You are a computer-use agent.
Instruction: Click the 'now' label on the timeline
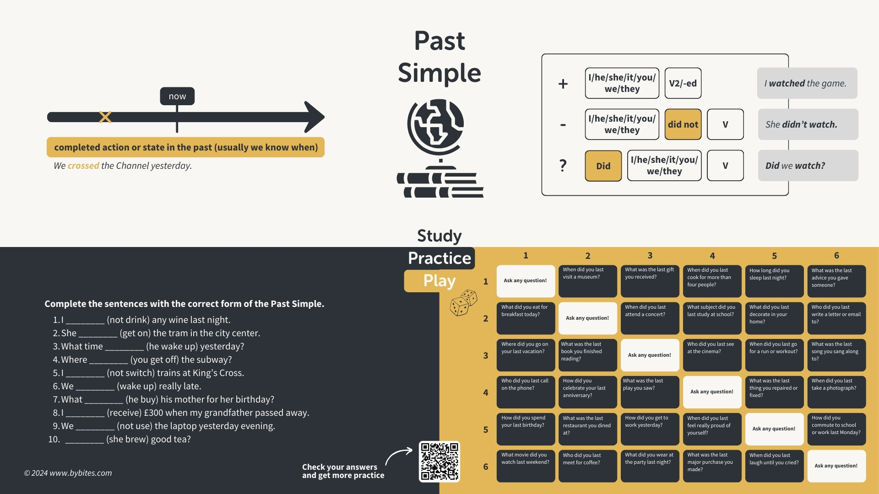pos(177,97)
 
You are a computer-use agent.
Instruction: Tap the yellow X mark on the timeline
pos(105,117)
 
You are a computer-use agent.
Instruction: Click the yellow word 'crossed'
pos(83,166)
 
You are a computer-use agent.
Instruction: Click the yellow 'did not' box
pos(683,124)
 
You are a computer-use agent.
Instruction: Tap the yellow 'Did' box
pos(603,166)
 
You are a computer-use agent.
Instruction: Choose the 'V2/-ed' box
pos(683,83)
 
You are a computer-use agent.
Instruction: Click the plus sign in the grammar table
pos(563,84)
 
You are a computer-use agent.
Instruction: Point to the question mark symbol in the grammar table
pos(563,165)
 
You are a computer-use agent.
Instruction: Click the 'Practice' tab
pos(439,258)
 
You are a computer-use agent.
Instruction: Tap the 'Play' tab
pos(439,281)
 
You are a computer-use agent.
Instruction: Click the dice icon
pos(463,302)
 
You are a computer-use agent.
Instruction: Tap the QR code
pos(439,461)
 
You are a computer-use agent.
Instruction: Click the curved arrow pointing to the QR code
pos(398,456)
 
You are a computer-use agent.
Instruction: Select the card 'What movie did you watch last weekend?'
pos(526,466)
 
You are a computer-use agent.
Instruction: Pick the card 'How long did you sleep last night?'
pos(774,281)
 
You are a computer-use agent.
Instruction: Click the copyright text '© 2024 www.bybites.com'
pos(68,473)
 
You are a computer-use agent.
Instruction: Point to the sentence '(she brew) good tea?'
pos(148,439)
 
